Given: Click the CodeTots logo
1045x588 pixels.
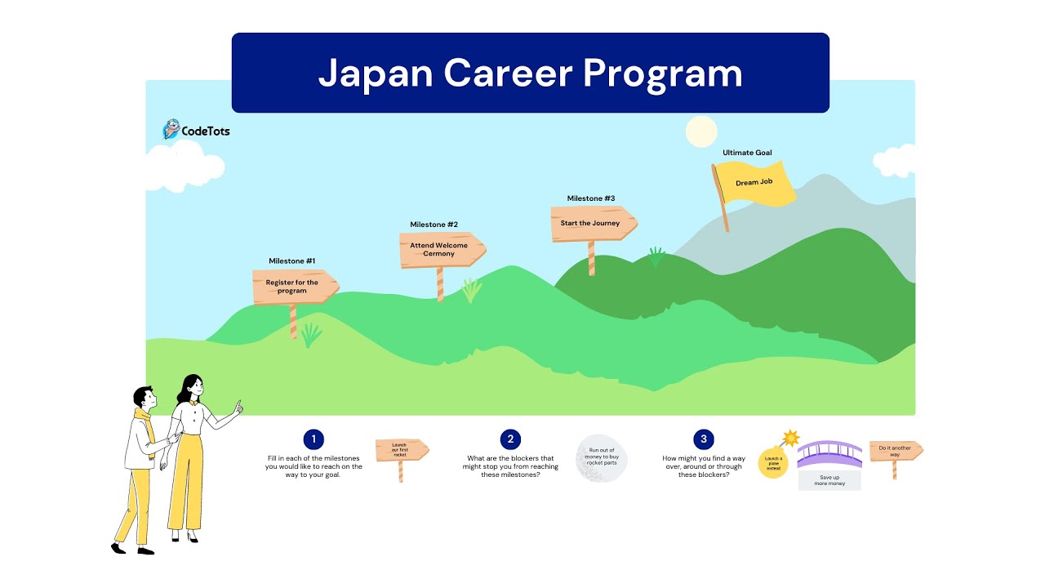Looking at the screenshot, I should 196,130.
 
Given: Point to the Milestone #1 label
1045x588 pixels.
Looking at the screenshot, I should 292,261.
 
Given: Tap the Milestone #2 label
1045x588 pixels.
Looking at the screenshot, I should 434,225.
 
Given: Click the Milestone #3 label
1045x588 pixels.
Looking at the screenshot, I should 591,198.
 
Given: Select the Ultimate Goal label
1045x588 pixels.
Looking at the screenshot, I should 747,153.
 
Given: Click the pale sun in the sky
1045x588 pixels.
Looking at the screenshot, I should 700,131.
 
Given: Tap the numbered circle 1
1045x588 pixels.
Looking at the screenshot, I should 313,439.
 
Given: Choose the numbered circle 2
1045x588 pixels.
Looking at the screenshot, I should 510,439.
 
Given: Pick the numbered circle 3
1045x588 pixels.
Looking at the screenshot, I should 704,439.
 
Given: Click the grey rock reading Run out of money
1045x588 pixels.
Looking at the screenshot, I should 601,458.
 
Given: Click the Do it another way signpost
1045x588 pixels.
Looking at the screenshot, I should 895,451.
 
